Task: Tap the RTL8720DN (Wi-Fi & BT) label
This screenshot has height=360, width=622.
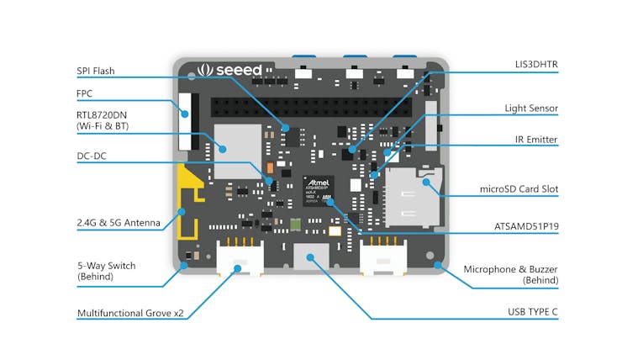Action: coord(108,119)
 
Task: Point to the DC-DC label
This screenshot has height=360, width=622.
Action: coord(92,156)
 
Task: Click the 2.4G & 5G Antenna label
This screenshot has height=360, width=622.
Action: coord(118,223)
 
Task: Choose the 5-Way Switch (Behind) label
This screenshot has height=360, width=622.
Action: coord(106,270)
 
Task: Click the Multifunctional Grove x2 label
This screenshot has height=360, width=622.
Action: coord(130,313)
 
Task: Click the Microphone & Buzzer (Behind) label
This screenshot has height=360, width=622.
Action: coord(511,274)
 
